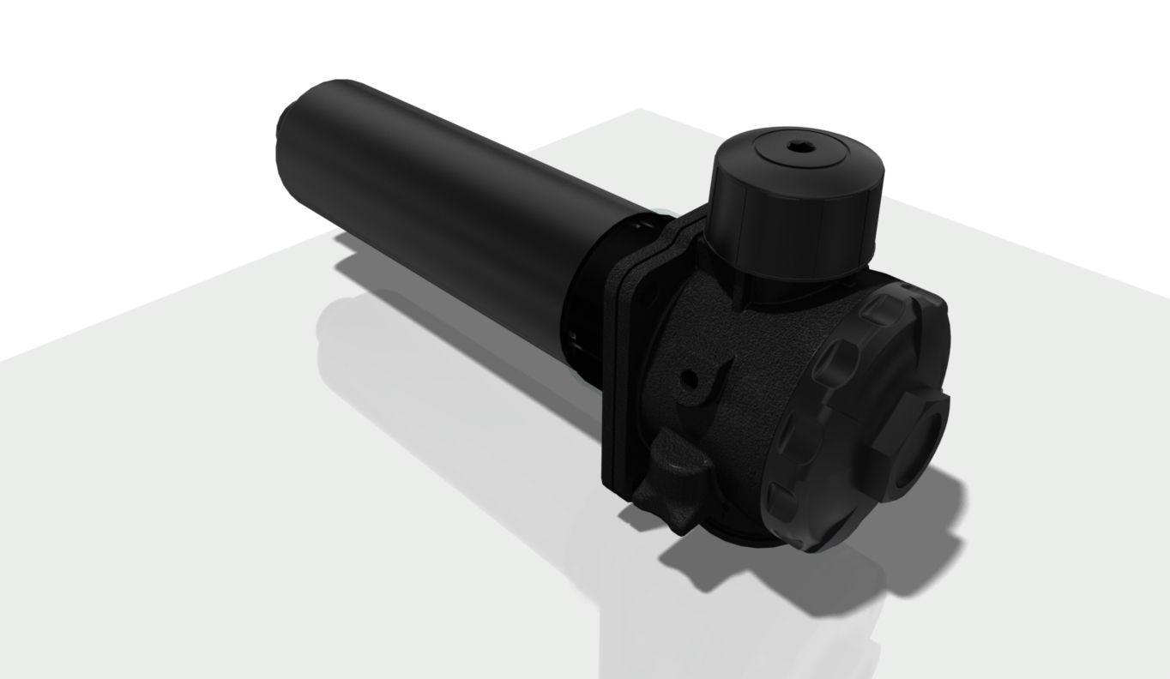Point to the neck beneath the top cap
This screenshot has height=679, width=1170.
[772, 287]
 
